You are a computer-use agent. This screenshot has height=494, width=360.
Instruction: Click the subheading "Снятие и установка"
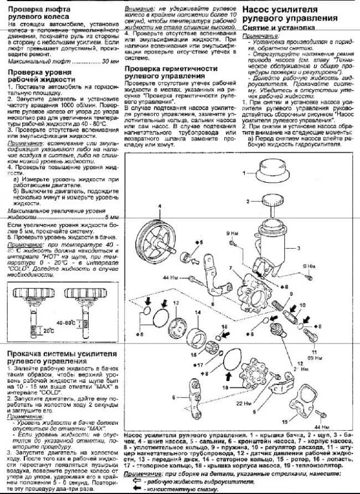coord(275,27)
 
